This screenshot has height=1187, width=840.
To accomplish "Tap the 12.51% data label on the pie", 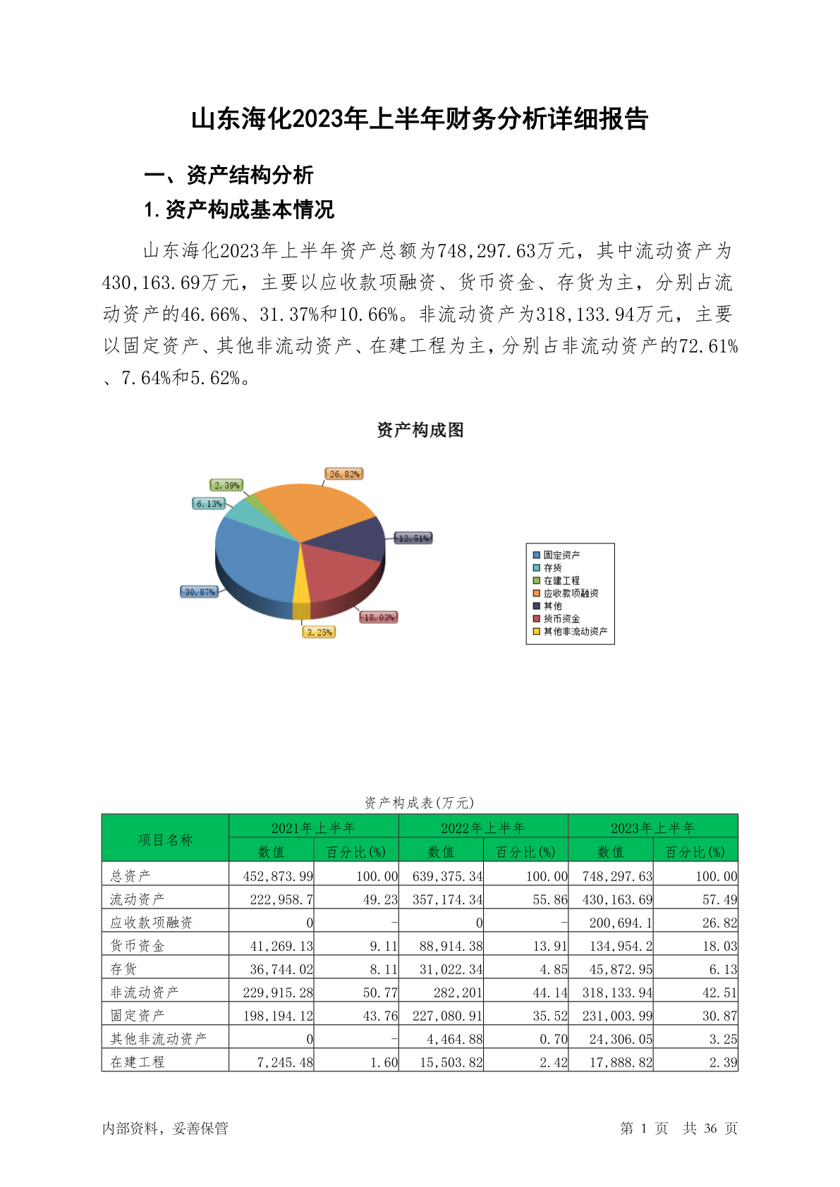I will click(413, 539).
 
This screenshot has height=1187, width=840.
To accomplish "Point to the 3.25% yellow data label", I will click(319, 632).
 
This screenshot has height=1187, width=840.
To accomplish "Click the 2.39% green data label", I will click(227, 486).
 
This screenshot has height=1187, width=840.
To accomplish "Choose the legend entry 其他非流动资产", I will click(574, 632).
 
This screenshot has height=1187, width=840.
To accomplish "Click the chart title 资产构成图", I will click(420, 430).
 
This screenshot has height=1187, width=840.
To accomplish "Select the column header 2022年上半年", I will click(483, 828).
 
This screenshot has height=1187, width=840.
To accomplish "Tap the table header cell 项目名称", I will click(165, 839).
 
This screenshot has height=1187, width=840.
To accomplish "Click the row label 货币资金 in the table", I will click(138, 946).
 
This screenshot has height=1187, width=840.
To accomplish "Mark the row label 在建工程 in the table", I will click(138, 1062).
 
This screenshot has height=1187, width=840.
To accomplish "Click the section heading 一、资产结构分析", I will click(229, 175).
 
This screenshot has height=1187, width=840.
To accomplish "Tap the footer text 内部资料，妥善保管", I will click(165, 1128).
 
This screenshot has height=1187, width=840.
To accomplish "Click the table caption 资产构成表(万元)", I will click(419, 803).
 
